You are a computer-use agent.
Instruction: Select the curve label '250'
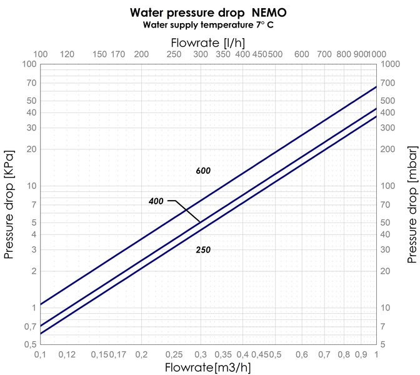tap(203, 250)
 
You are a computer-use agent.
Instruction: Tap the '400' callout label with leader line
tap(156, 201)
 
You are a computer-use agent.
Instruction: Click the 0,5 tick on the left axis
tap(29, 344)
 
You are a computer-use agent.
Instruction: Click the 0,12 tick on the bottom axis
tap(67, 354)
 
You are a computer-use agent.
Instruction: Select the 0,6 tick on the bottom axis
tap(302, 354)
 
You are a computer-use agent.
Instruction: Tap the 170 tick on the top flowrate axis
tap(117, 54)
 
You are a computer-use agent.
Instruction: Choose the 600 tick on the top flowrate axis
tap(302, 54)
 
